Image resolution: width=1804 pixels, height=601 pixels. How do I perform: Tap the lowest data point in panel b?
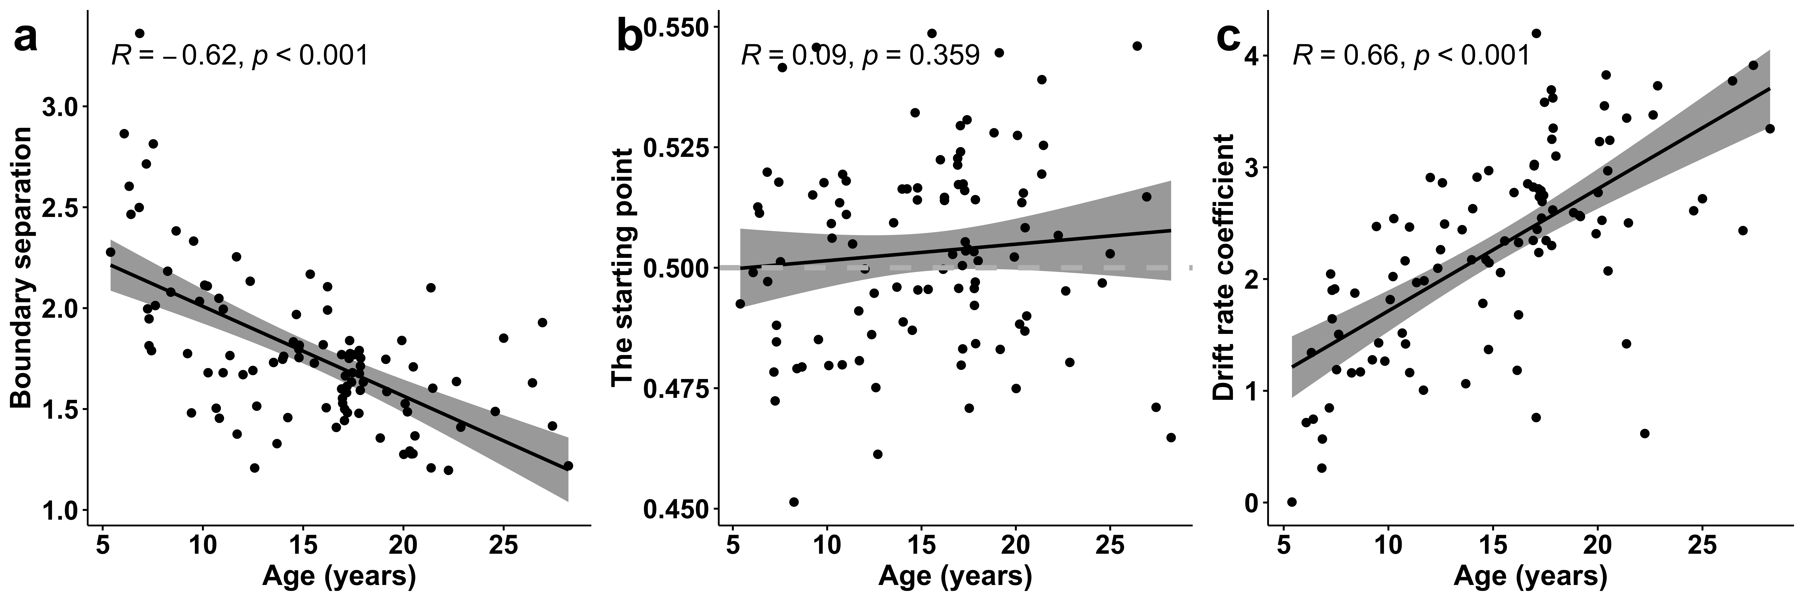[793, 502]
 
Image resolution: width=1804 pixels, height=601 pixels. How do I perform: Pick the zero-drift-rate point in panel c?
[1292, 502]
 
